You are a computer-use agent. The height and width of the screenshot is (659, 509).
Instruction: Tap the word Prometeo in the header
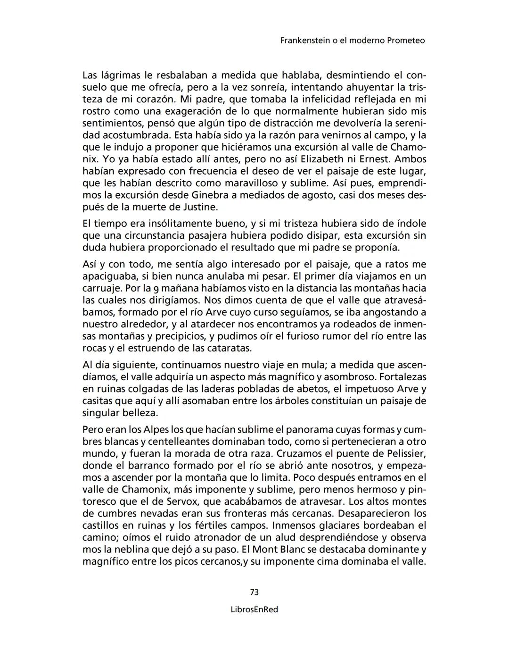coord(406,41)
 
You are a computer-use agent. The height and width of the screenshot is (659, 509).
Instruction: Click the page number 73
coord(254,592)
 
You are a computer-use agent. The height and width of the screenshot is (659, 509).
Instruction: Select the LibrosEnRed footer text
coord(254,609)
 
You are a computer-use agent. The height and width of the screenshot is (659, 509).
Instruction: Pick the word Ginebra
coord(211,195)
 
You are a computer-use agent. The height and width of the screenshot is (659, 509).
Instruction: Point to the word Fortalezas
coord(402,377)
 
